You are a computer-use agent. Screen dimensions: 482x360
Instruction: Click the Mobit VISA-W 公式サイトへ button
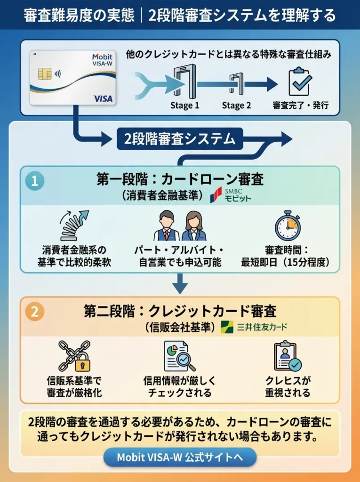180,457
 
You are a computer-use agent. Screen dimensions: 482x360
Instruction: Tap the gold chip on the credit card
45,73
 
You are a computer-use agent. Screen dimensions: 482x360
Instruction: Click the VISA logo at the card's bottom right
103,98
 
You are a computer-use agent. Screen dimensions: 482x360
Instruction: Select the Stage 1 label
184,105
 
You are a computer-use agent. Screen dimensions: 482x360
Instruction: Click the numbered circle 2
35,312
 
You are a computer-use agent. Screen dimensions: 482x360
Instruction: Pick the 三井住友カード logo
255,326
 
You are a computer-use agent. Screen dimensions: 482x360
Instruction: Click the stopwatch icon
288,225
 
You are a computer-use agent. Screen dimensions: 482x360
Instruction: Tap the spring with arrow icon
74,225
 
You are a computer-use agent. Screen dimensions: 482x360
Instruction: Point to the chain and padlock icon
74,356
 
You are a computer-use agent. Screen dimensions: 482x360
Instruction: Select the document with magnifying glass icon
179,356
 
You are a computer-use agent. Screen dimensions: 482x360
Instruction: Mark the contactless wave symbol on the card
57,73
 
